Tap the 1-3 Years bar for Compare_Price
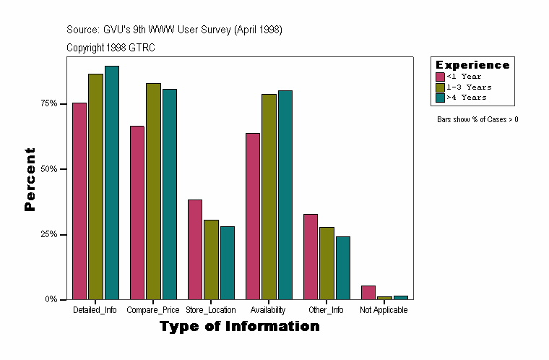point(153,191)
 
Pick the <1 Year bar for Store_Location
point(194,249)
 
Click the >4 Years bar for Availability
point(285,194)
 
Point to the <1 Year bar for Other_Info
point(311,257)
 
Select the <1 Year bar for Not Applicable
point(368,292)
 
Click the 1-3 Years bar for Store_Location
point(211,260)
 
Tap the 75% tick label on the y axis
point(48,103)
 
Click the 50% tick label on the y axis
point(48,169)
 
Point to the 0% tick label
point(51,299)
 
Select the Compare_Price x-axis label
point(153,310)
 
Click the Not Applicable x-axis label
point(384,310)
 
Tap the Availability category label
point(269,310)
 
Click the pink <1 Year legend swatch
point(440,77)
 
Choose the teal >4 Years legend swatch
point(440,97)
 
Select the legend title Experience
point(472,65)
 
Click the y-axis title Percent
point(30,179)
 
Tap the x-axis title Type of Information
point(239,327)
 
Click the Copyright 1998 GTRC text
point(111,48)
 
